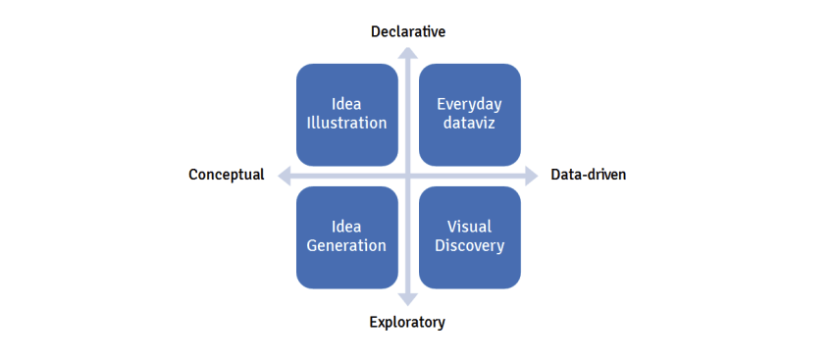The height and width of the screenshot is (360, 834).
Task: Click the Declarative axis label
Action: [408, 31]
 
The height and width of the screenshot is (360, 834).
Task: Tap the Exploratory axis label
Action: [407, 322]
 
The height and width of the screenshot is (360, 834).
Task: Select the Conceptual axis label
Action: [227, 175]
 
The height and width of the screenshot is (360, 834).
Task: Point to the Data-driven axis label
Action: [589, 175]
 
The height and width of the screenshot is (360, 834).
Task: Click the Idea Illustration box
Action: [346, 114]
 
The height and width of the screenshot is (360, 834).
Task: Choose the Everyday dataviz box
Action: [469, 114]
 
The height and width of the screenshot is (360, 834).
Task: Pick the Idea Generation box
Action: [346, 236]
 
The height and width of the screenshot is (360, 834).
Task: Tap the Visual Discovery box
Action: [469, 236]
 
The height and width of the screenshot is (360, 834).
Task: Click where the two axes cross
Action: [408, 176]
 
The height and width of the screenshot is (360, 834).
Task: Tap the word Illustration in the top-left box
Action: [346, 124]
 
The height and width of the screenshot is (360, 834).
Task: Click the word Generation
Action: [346, 246]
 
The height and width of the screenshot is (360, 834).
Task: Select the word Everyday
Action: [469, 104]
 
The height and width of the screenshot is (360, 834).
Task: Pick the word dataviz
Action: [469, 124]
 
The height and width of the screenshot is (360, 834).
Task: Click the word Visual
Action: [469, 227]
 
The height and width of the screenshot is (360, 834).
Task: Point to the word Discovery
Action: [469, 246]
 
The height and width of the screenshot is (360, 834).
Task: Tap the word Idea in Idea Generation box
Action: [346, 227]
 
